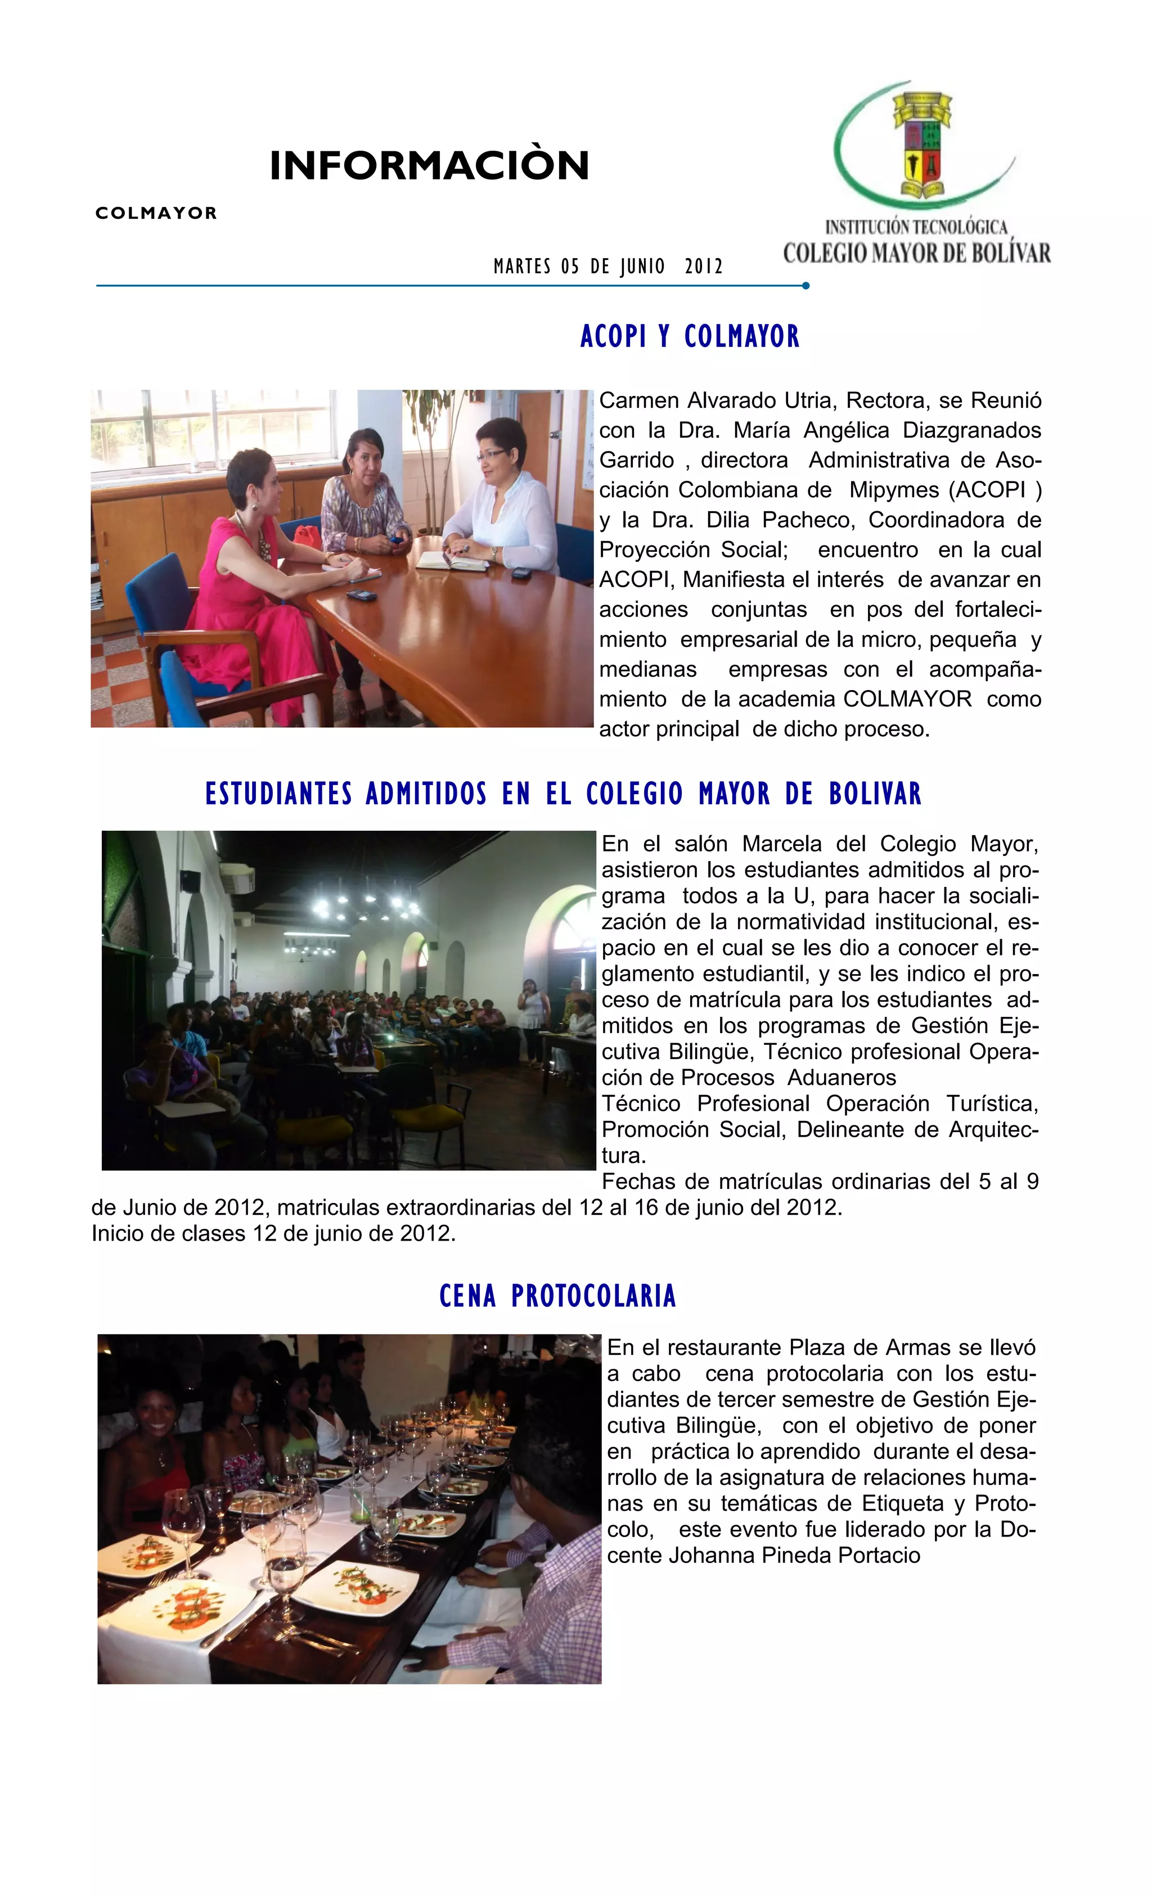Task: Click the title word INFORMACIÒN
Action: click(x=429, y=165)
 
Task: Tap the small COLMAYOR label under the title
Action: click(x=156, y=213)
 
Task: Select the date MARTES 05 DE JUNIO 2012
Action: click(x=607, y=267)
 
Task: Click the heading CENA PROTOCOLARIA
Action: click(x=557, y=1296)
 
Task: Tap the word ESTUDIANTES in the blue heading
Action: click(x=279, y=794)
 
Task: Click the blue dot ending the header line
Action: click(x=805, y=286)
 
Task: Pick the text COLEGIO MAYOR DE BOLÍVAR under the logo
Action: click(x=916, y=253)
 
